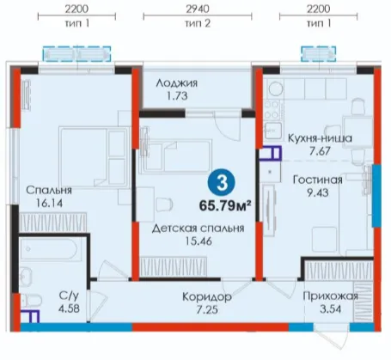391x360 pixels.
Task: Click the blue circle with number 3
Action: point(222,184)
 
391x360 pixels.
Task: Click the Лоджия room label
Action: point(177,83)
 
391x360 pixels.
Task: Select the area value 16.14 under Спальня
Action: point(49,203)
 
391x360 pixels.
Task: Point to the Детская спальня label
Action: point(198,229)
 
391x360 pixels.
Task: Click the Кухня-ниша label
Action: point(320,138)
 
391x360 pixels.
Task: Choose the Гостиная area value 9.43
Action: point(318,192)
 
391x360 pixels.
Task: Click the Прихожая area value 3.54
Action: point(330,309)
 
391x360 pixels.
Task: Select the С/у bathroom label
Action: point(69,295)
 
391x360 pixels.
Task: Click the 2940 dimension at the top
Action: point(198,9)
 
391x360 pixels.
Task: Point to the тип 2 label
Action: point(198,23)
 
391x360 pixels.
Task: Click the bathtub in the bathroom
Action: point(49,248)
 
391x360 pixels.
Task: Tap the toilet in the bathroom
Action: point(31,301)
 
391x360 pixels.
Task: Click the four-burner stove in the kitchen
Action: point(272,110)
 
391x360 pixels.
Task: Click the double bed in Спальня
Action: point(94,157)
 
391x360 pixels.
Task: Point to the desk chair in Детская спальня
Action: point(164,204)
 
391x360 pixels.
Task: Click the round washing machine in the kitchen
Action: point(275,88)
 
